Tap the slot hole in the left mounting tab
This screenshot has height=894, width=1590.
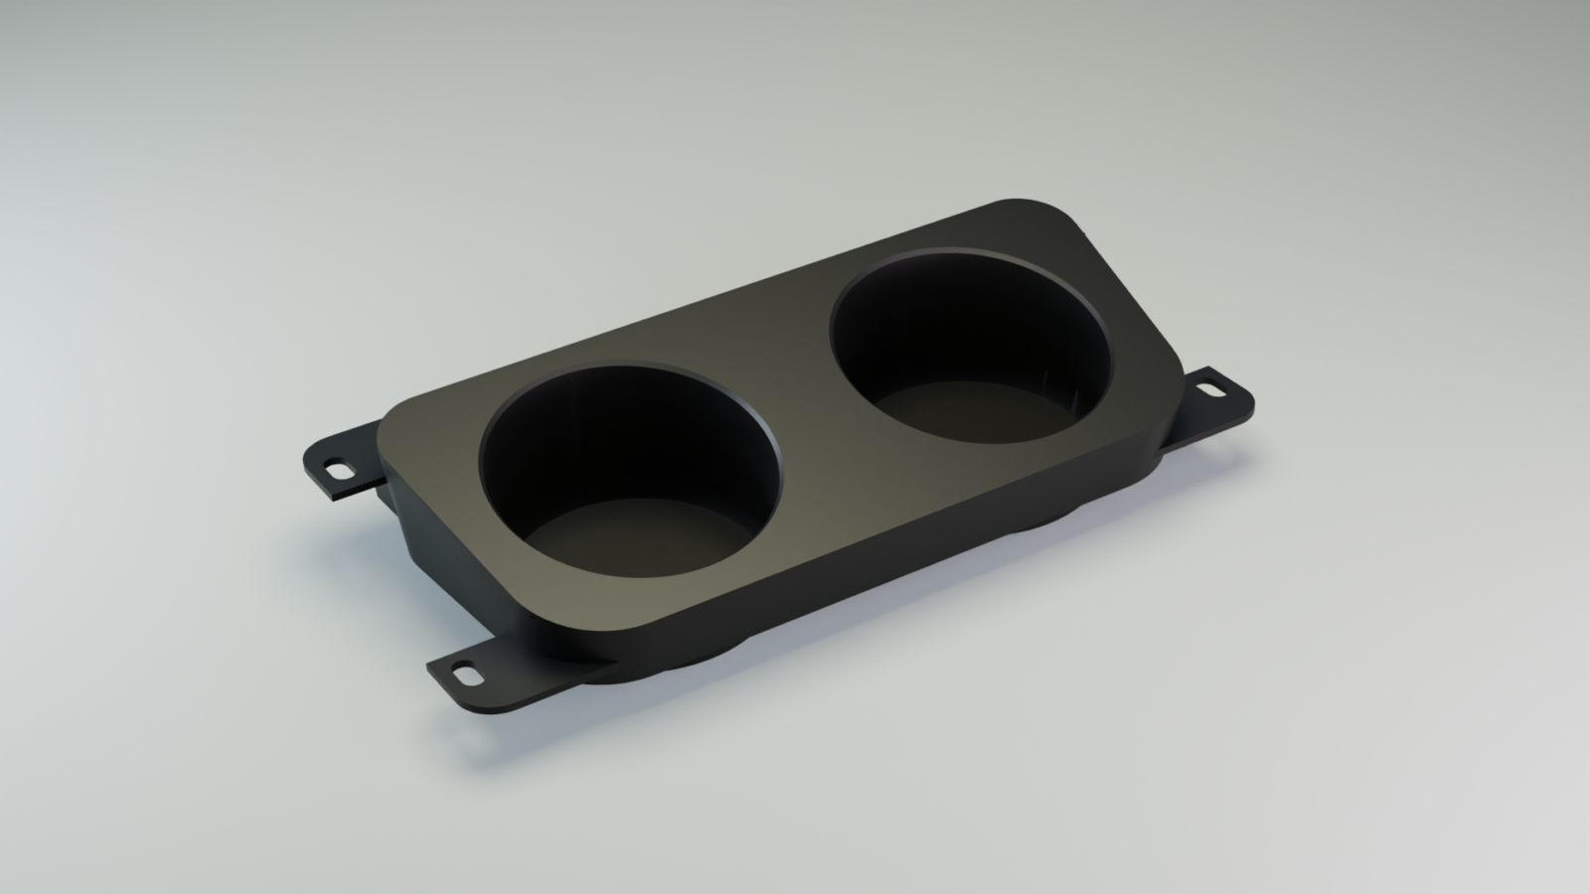click(x=340, y=469)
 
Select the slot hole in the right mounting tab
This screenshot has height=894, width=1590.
click(x=1214, y=389)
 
